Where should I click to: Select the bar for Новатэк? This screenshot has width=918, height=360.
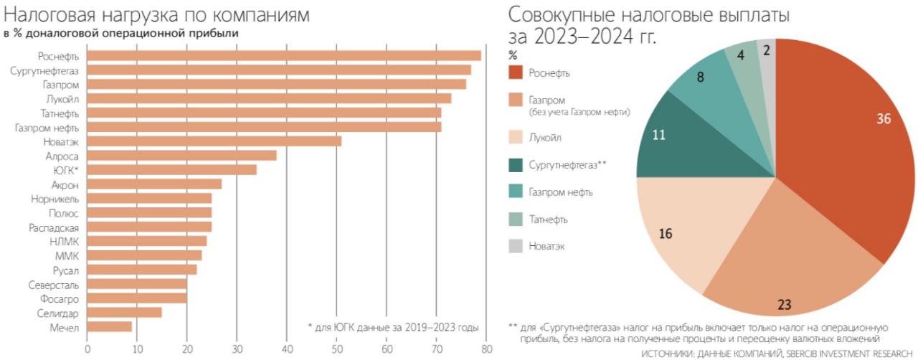pos(214,141)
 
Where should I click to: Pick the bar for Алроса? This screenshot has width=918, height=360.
pos(182,156)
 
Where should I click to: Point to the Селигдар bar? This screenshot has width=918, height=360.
pos(125,313)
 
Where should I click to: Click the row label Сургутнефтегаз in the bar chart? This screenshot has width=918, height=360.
pos(44,70)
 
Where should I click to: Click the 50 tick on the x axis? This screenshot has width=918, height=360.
pos(337,349)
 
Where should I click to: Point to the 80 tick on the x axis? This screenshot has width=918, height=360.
pos(486,349)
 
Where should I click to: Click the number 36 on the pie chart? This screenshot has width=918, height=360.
pos(884,119)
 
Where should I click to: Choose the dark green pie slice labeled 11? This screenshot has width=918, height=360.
pos(671,136)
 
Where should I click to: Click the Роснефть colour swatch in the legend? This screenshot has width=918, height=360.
pos(515,72)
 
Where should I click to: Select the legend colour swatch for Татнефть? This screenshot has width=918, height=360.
pos(515,219)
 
